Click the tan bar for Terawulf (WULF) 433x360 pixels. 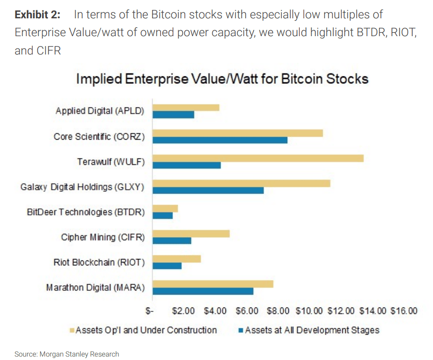click(x=258, y=158)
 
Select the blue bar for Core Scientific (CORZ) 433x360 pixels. click(x=220, y=140)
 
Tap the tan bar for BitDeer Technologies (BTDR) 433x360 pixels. click(x=165, y=208)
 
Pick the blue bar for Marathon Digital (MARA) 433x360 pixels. click(x=203, y=291)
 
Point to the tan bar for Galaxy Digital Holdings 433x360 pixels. click(x=241, y=183)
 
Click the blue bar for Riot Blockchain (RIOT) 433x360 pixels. click(x=167, y=266)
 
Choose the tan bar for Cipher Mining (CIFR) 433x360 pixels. click(x=191, y=234)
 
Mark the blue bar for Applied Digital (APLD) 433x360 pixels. click(x=173, y=115)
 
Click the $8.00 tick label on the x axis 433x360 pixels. click(x=278, y=311)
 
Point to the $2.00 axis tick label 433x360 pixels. click(x=183, y=311)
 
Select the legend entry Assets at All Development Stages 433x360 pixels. click(x=312, y=330)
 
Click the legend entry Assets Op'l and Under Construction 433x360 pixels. click(x=146, y=330)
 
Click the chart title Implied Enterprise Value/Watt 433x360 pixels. click(x=222, y=79)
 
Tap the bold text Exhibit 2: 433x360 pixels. click(x=38, y=14)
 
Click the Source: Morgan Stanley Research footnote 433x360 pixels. click(x=66, y=354)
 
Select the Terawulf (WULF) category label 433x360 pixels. click(x=111, y=161)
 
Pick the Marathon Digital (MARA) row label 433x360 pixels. click(x=96, y=287)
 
